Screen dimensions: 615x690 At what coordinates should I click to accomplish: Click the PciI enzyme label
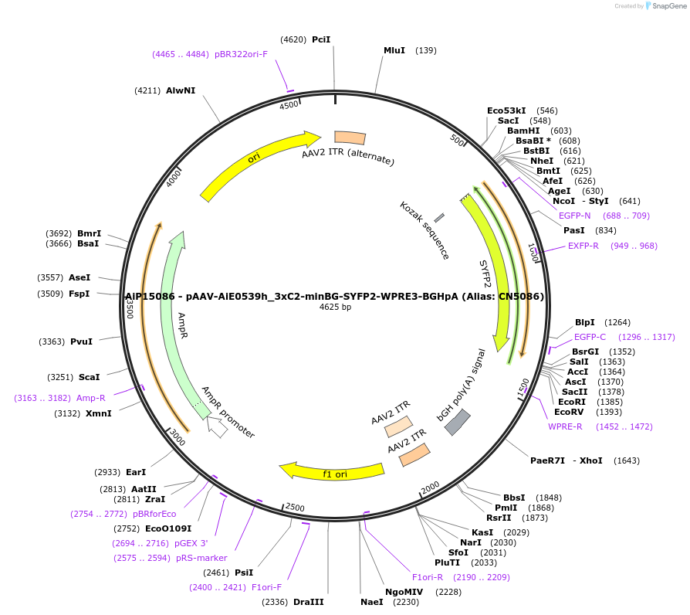[321, 39]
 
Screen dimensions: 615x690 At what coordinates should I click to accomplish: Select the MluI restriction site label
[394, 50]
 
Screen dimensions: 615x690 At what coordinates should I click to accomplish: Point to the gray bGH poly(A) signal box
[458, 422]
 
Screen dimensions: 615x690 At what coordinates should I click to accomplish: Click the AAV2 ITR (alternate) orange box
[350, 138]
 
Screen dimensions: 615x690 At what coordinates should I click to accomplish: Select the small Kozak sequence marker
[439, 219]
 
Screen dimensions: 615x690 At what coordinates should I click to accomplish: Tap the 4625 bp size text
[335, 307]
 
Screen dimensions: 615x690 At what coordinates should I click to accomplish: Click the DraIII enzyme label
[309, 602]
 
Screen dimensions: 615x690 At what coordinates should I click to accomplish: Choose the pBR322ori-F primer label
[241, 54]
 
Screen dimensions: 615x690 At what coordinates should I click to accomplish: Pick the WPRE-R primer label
[566, 426]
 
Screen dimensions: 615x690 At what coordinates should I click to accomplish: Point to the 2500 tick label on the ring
[295, 507]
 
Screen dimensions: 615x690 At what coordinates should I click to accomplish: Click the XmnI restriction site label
[98, 413]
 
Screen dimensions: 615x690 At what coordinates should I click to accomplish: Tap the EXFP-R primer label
[583, 246]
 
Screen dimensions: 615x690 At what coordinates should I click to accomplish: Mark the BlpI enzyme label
[585, 322]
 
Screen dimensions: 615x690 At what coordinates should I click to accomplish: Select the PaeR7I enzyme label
[547, 460]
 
